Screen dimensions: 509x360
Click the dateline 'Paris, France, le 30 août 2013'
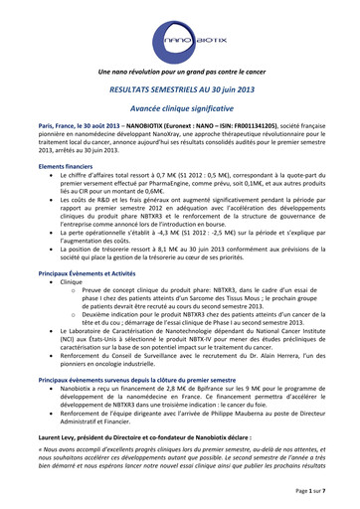(x=77, y=128)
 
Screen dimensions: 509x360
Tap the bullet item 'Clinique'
(x=71, y=282)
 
